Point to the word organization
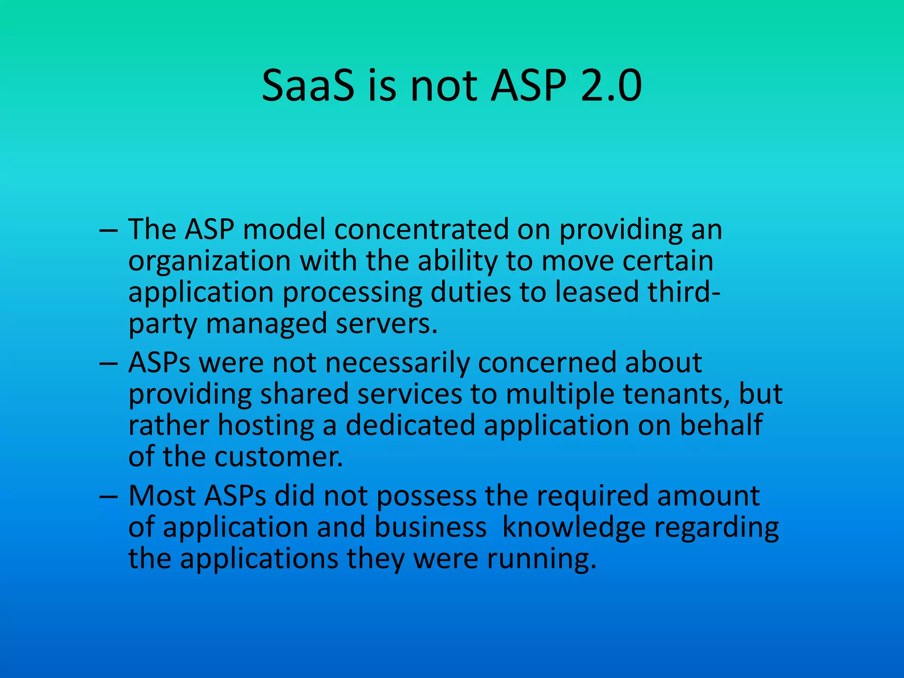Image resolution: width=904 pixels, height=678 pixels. click(x=209, y=261)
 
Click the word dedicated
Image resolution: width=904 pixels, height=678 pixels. click(x=410, y=425)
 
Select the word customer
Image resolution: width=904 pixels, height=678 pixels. click(x=279, y=457)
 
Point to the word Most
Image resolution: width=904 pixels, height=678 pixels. click(x=162, y=496)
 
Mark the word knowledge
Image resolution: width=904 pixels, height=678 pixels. click(x=574, y=528)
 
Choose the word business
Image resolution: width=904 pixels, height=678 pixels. click(x=430, y=527)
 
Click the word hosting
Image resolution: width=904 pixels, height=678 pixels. click(x=266, y=426)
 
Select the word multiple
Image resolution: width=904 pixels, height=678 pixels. click(x=560, y=395)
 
